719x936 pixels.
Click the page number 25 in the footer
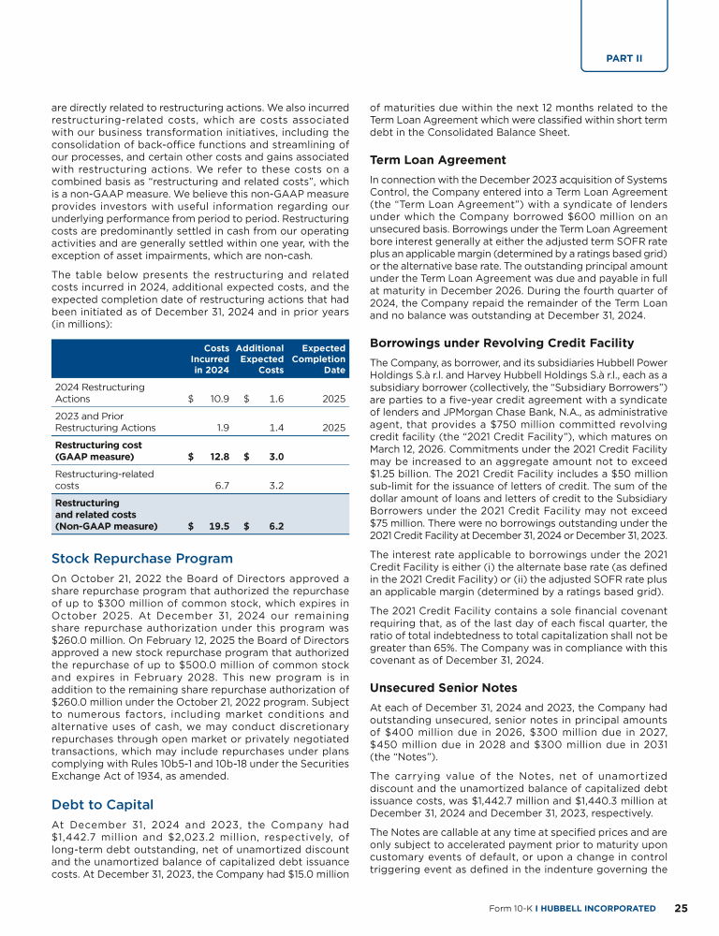point(682,907)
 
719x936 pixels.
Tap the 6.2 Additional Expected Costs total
point(275,526)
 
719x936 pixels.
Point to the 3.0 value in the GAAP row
point(275,457)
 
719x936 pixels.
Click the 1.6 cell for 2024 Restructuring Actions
point(276,399)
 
